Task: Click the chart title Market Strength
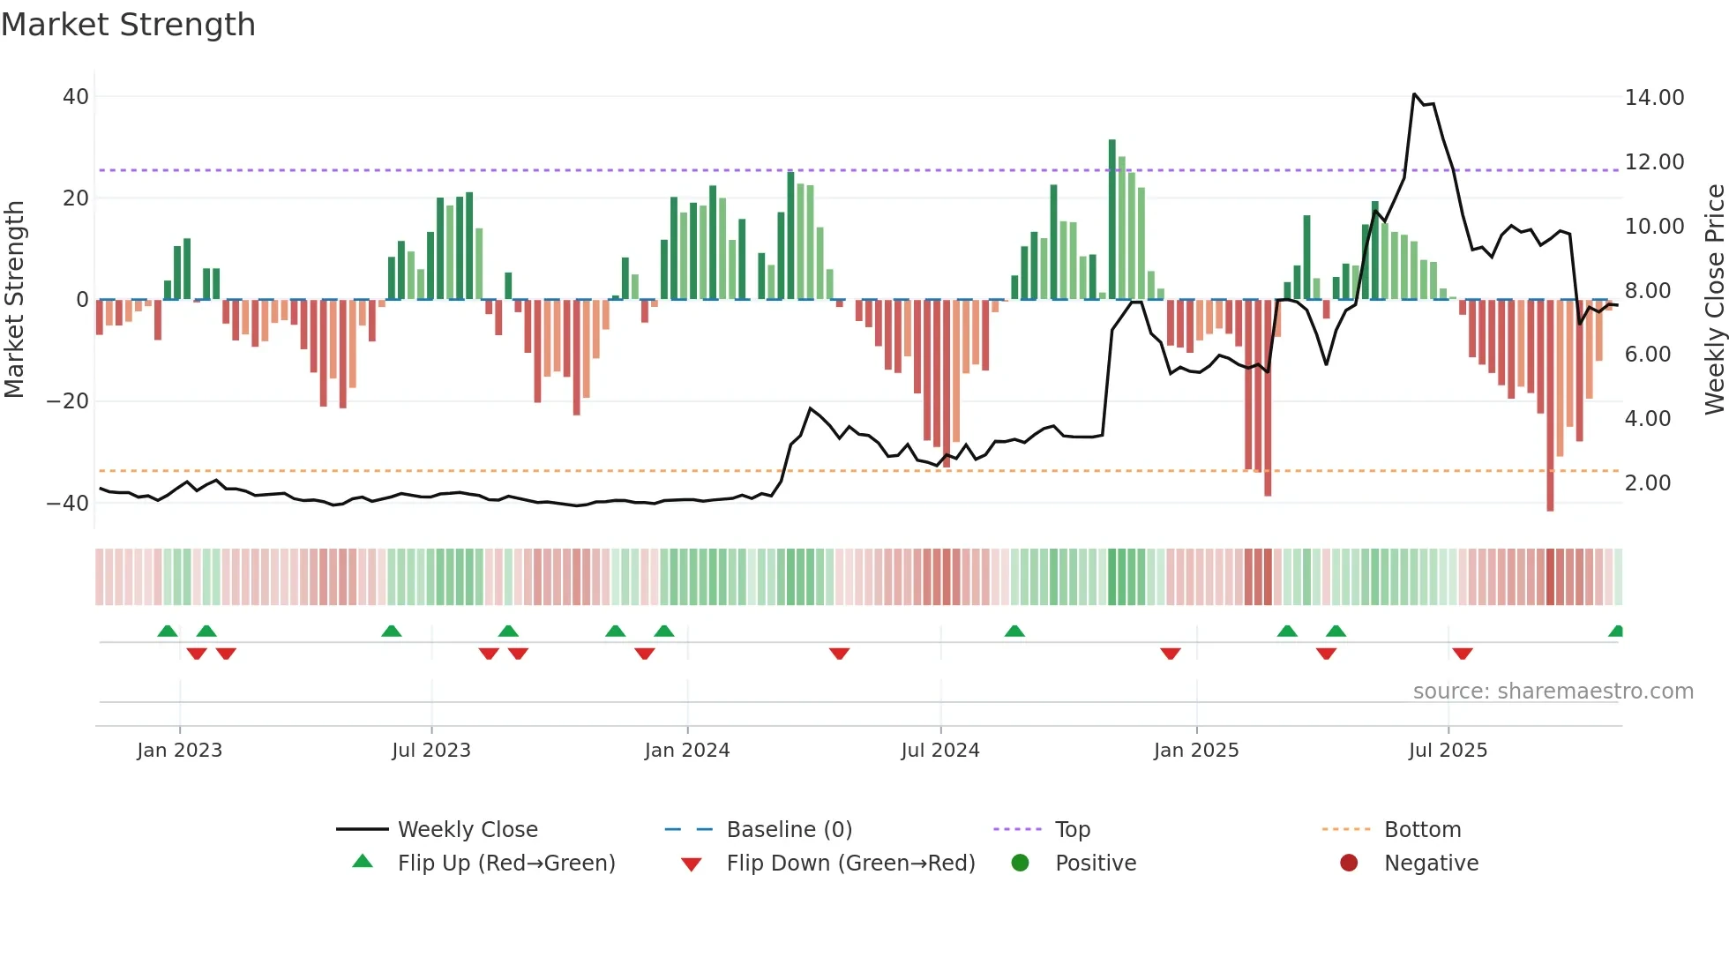click(128, 25)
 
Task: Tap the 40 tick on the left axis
click(76, 97)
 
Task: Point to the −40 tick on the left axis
click(68, 504)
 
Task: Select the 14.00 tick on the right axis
click(1654, 98)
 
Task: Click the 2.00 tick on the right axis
click(1647, 483)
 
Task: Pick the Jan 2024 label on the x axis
click(687, 751)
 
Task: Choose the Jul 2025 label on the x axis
click(1448, 751)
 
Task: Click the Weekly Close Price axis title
click(1714, 300)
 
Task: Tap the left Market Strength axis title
click(14, 300)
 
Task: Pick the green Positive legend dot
click(1021, 864)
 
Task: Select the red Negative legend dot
click(1349, 864)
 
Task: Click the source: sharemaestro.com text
click(1553, 692)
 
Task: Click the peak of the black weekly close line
click(1414, 94)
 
